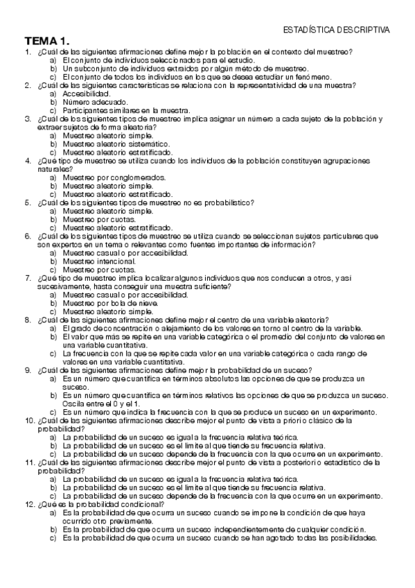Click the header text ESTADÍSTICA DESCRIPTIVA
[x=337, y=30]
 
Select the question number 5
[x=27, y=202]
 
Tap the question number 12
[x=29, y=503]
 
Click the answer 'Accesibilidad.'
[x=86, y=94]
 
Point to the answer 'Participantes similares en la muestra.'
[x=126, y=110]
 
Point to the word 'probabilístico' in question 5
[x=230, y=202]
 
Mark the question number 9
[x=27, y=370]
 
